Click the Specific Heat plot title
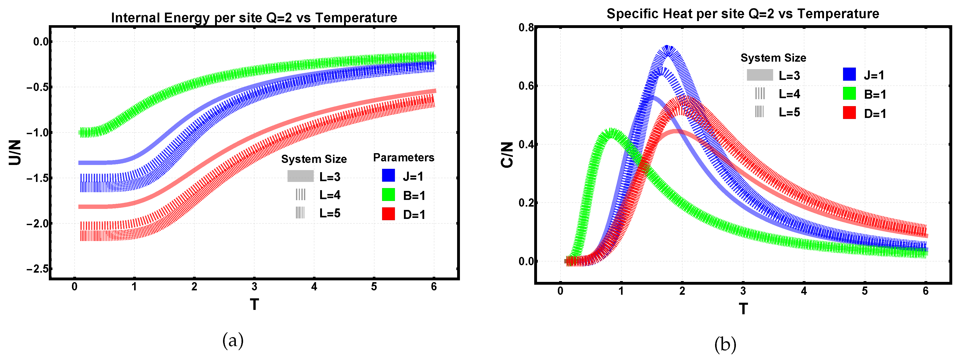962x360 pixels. [742, 14]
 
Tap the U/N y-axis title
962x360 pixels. [15, 152]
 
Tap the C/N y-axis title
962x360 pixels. [507, 155]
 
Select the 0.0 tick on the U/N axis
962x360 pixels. [41, 41]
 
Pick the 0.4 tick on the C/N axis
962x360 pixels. [526, 144]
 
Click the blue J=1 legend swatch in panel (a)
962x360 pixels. [388, 176]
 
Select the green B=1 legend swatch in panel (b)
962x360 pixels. [849, 93]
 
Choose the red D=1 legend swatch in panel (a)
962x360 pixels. [388, 214]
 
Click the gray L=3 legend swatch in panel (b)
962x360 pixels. [760, 75]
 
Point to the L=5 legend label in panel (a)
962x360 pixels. [330, 213]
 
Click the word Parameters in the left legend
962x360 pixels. [403, 158]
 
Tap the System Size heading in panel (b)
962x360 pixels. [773, 58]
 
